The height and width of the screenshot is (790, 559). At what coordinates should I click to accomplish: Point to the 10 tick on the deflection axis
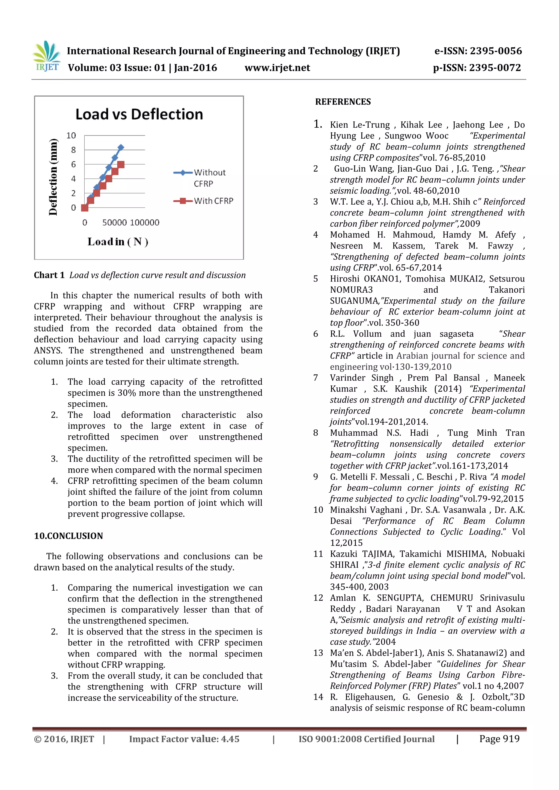71,136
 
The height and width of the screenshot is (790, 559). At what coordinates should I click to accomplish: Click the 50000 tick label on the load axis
114,223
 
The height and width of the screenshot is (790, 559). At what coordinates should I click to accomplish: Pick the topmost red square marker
120,165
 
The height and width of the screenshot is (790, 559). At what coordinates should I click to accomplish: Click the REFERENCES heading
343,102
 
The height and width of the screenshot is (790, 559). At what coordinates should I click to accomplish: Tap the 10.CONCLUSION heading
68,536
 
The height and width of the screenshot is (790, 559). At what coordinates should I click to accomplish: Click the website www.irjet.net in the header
277,68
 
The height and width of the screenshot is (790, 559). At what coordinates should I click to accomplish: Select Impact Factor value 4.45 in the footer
184,739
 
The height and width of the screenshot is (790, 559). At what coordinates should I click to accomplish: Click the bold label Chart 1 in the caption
49,275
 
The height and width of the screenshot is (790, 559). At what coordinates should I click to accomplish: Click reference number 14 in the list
318,697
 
